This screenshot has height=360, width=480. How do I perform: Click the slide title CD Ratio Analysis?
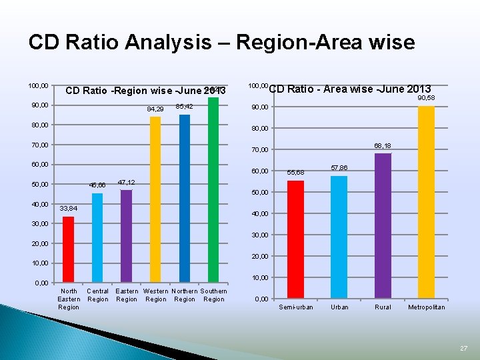221,43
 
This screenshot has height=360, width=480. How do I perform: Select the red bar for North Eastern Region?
68,249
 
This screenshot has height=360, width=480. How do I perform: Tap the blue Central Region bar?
97,237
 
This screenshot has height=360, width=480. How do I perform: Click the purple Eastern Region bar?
126,236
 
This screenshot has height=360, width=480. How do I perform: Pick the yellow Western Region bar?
155,199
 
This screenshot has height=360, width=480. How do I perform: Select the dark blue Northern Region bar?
185,198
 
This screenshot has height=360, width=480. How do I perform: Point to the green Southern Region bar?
213,189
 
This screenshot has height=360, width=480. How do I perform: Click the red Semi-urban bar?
295,239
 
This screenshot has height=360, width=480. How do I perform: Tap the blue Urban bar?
339,236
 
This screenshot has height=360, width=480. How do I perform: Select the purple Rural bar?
383,225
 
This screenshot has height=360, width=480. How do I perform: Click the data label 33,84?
69,209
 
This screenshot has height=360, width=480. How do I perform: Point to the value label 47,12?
126,182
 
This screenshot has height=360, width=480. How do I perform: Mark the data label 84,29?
155,109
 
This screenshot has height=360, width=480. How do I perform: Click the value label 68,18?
383,145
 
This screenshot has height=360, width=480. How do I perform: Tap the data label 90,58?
426,99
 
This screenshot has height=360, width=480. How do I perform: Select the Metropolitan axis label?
427,307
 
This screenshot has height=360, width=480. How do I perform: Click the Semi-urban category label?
296,307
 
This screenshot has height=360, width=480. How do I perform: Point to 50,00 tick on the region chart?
38,184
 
